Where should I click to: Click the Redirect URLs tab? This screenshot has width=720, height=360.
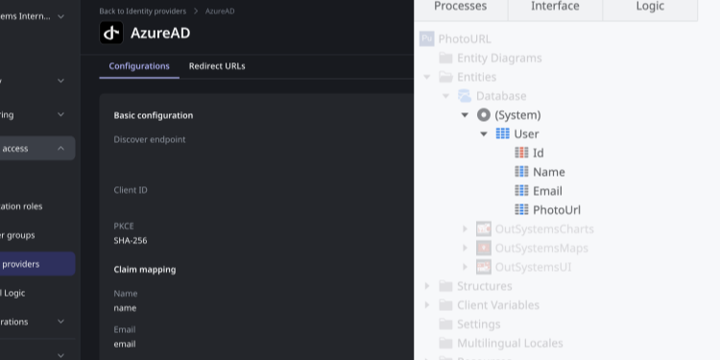coord(217,66)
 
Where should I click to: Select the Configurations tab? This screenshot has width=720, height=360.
coord(139,66)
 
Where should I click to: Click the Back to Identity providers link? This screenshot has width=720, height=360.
coord(146,11)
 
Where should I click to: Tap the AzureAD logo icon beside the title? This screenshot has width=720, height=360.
coord(111,33)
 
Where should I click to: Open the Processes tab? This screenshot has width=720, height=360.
coord(460,7)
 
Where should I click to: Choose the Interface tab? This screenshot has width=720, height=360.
coord(555,7)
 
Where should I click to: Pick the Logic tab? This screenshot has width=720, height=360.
coord(650,7)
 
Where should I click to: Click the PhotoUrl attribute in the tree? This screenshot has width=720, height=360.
coord(557,209)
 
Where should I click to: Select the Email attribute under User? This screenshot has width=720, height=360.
coord(547,191)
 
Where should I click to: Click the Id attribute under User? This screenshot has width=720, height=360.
coord(538,153)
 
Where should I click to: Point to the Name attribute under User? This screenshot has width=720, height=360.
coord(548,172)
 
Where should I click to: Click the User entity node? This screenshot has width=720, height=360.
coord(526,133)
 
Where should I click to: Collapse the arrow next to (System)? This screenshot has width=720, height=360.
coord(466,115)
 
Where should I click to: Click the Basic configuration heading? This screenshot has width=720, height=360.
coord(154,115)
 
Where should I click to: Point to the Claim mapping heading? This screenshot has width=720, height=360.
coord(145,270)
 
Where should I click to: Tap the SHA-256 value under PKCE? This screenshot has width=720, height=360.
coord(131,240)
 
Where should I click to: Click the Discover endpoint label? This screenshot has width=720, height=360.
coord(150,139)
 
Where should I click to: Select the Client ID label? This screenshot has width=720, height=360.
coord(131,190)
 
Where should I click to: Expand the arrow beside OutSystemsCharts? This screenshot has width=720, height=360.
coord(466,229)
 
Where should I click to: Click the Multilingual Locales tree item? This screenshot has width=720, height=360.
coord(510,343)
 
